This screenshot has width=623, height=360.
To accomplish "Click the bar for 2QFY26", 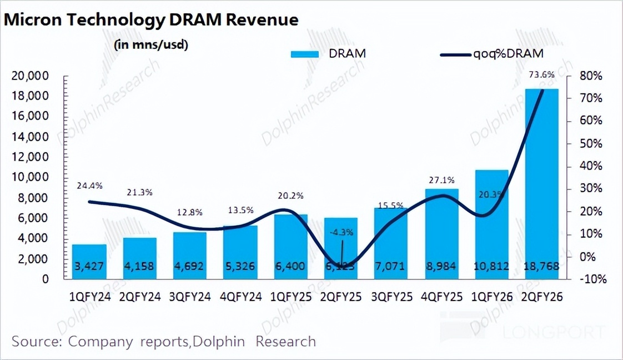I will point(541,183).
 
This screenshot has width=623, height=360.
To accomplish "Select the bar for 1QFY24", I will point(89,261).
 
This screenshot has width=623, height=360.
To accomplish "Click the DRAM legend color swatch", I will point(304,54).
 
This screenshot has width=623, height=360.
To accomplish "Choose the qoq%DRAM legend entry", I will point(491,54).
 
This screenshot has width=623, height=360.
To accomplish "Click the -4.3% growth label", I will point(340,232).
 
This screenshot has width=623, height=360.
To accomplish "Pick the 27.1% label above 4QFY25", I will point(442,180).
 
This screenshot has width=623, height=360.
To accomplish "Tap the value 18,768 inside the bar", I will point(541,267).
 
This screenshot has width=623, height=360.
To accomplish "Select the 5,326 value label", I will point(240,267).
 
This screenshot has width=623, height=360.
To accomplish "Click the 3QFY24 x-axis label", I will point(190,297).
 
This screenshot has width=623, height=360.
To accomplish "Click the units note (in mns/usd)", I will point(150,45).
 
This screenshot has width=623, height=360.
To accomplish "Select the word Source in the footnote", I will point(34,341).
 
